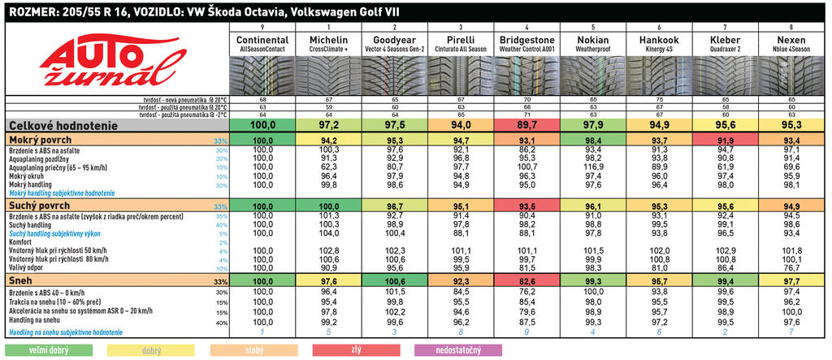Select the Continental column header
[262, 40]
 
